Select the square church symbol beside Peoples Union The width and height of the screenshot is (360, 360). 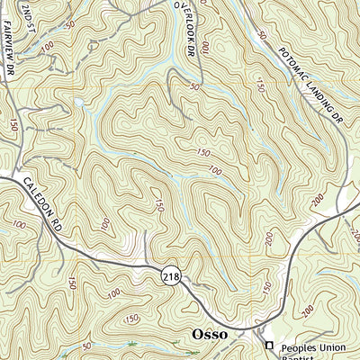[x=267, y=345]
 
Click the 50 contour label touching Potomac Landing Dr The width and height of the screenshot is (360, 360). [x=262, y=35]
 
